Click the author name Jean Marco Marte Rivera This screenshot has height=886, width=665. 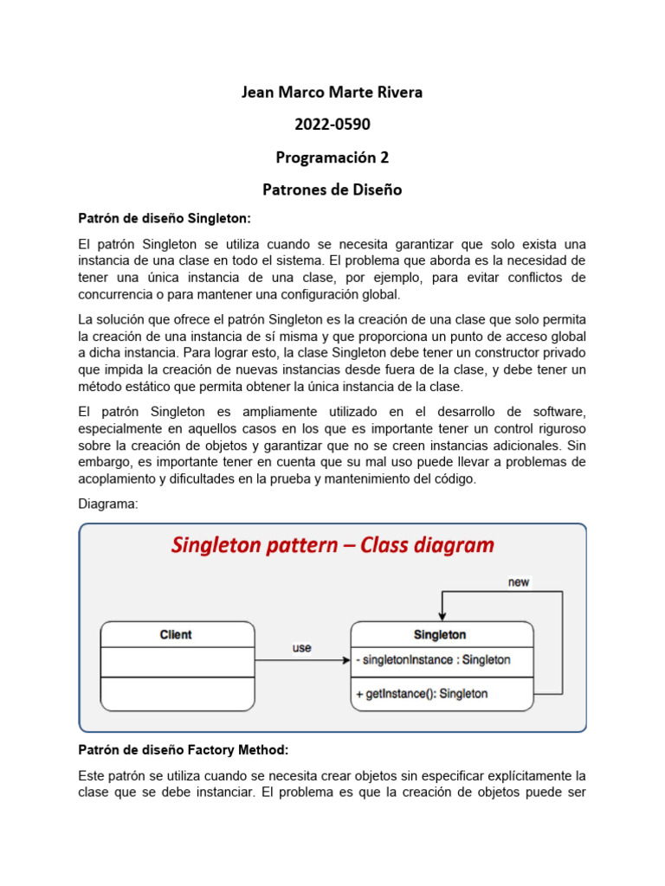[x=332, y=92]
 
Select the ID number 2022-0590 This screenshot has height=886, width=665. [x=332, y=125]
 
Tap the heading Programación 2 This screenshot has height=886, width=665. [x=332, y=157]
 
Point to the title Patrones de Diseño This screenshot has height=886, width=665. [x=332, y=189]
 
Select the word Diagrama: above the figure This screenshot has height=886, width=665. [x=107, y=504]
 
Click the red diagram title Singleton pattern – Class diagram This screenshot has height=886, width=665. [x=332, y=545]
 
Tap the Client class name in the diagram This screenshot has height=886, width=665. [x=177, y=634]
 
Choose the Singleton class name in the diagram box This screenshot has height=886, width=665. [x=440, y=634]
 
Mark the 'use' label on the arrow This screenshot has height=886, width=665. [x=302, y=648]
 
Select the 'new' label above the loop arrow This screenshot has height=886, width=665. [x=519, y=582]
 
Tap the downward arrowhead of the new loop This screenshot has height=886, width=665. [x=442, y=615]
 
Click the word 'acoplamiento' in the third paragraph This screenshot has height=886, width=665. [x=119, y=478]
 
